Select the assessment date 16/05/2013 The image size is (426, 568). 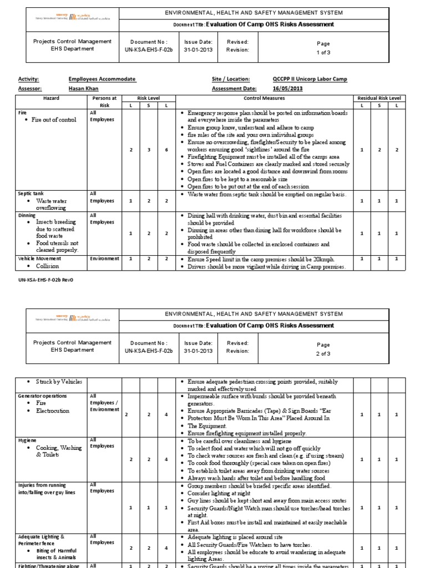[x=287, y=88]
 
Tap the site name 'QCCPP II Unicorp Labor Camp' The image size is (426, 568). [x=310, y=79]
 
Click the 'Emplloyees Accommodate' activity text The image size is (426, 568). [x=102, y=79]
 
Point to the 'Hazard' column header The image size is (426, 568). [x=51, y=98]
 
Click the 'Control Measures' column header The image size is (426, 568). [x=264, y=98]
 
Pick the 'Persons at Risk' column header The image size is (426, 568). [x=104, y=101]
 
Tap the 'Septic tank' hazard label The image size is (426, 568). [x=31, y=194]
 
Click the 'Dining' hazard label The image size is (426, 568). [x=27, y=215]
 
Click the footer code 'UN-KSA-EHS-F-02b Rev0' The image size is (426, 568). [x=45, y=280]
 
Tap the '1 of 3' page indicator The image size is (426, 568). [x=323, y=53]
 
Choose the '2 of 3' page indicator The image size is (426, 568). [x=323, y=353]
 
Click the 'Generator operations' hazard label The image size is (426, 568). [x=43, y=396]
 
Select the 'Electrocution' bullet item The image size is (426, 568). [x=53, y=411]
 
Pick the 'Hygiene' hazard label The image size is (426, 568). [x=27, y=439]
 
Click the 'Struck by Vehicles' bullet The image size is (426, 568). [x=59, y=382]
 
